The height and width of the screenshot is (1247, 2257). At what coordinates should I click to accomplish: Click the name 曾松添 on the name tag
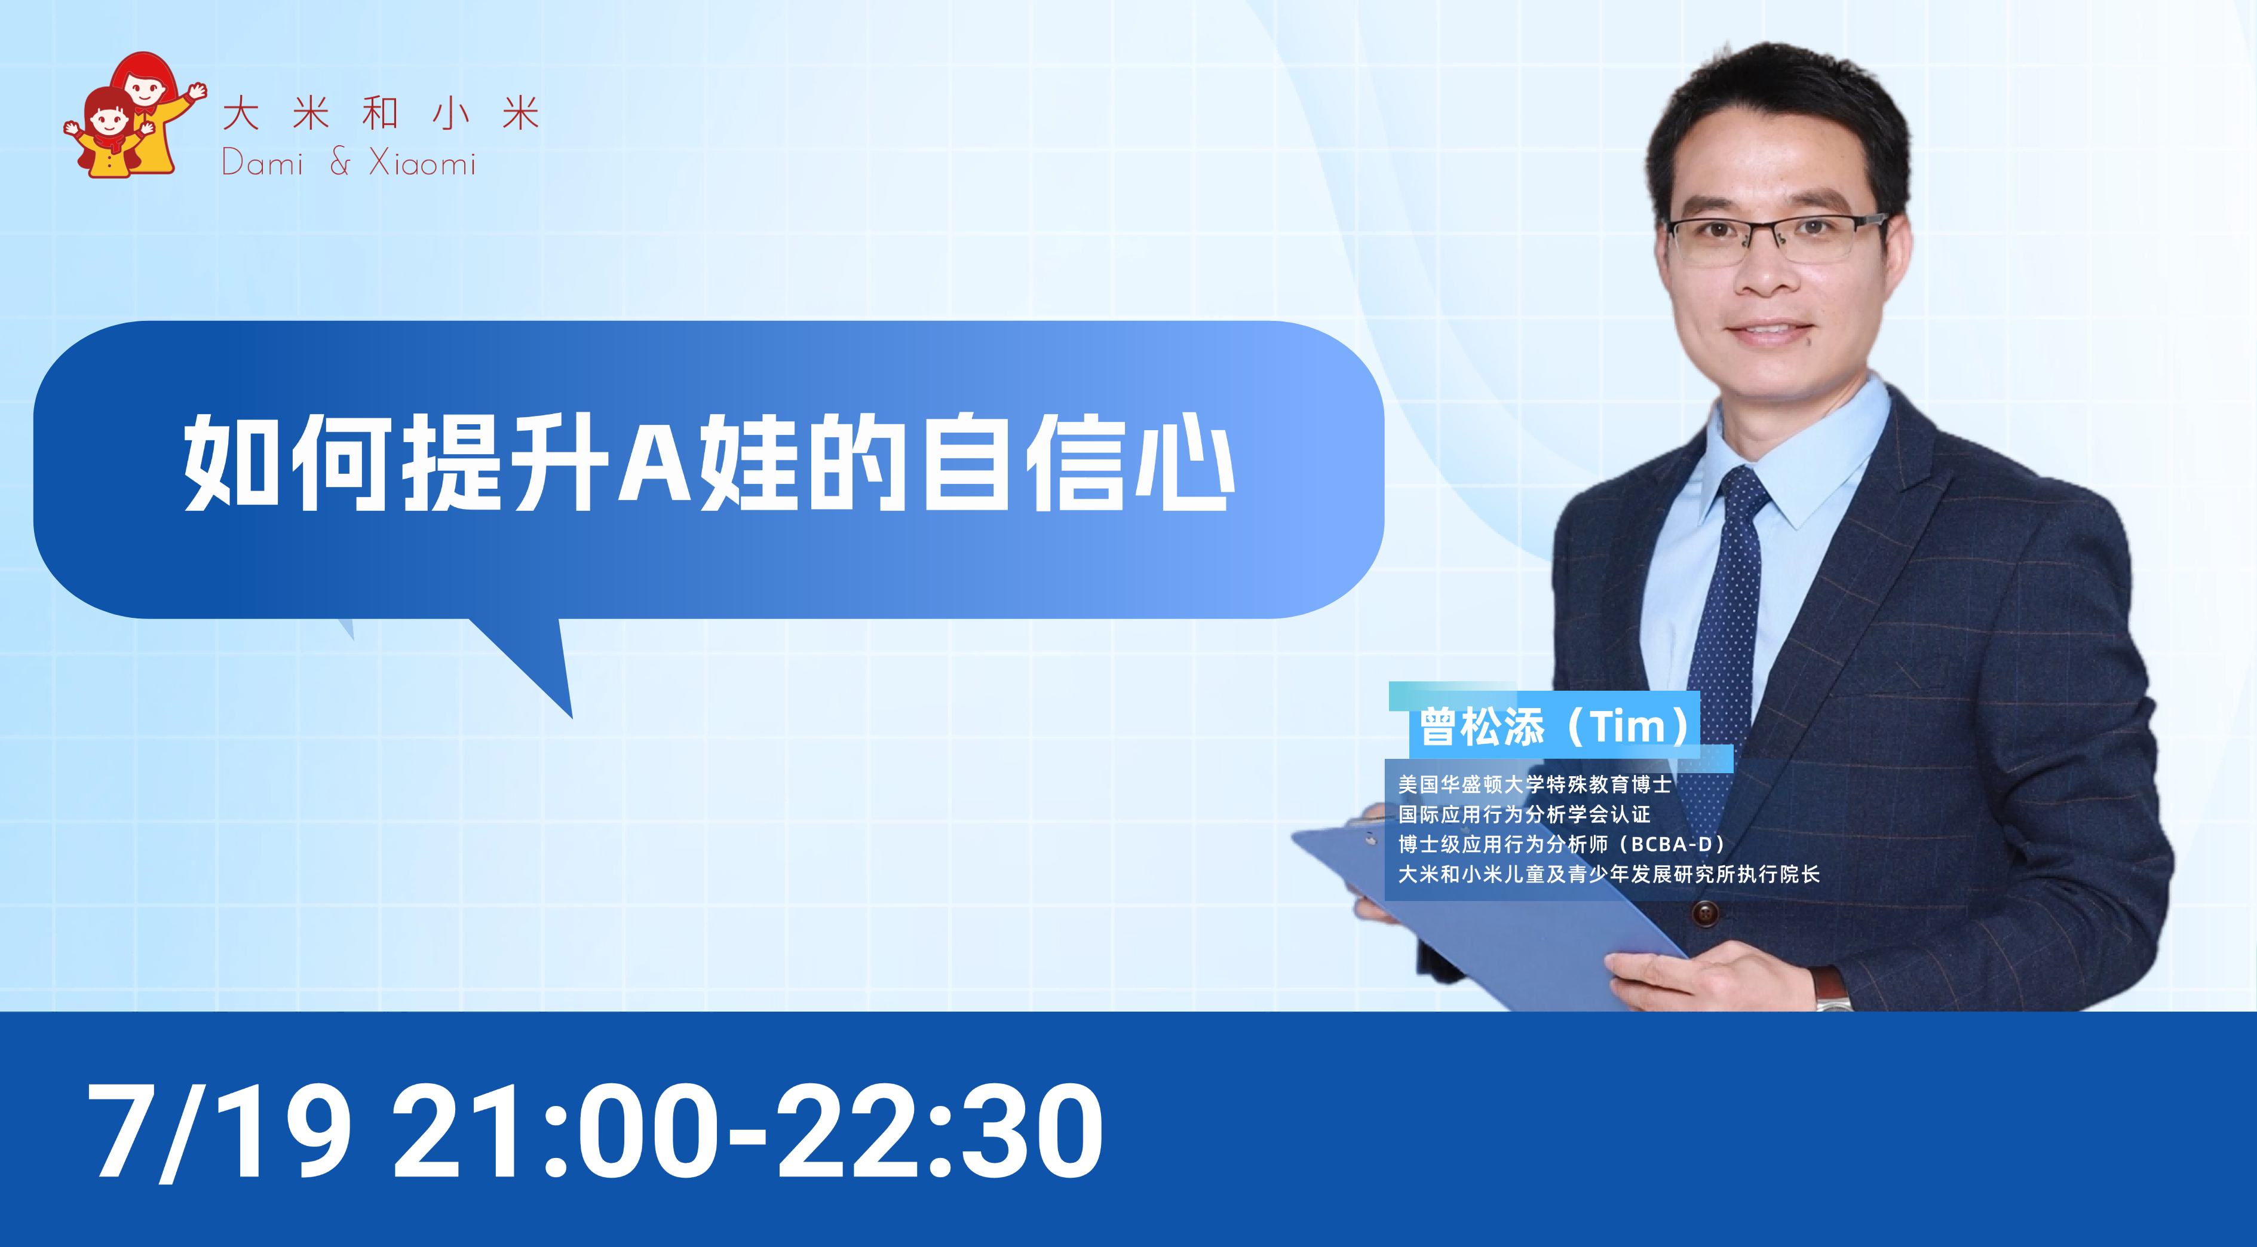tap(1482, 727)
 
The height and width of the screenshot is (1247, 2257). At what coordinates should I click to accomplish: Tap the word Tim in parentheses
tap(1628, 727)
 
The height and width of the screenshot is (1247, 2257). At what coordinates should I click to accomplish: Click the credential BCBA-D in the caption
tap(1671, 844)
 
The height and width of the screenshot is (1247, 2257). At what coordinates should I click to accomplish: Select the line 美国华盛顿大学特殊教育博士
tap(1534, 785)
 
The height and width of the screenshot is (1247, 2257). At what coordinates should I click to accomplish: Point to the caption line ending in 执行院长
tap(1609, 874)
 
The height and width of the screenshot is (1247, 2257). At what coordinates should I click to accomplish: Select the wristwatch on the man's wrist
tap(1831, 988)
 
